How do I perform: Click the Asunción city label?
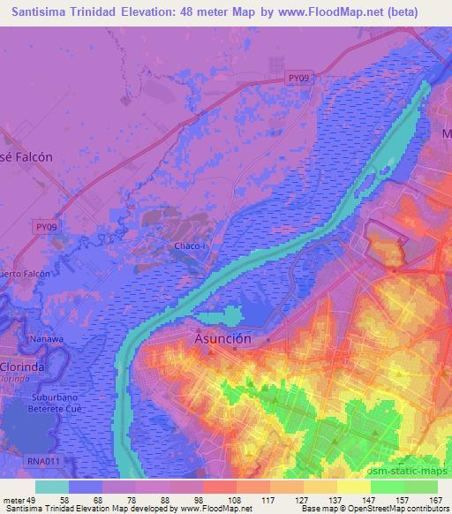coord(222,339)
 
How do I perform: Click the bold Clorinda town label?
coord(22,366)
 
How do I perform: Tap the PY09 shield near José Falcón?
coord(48,227)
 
